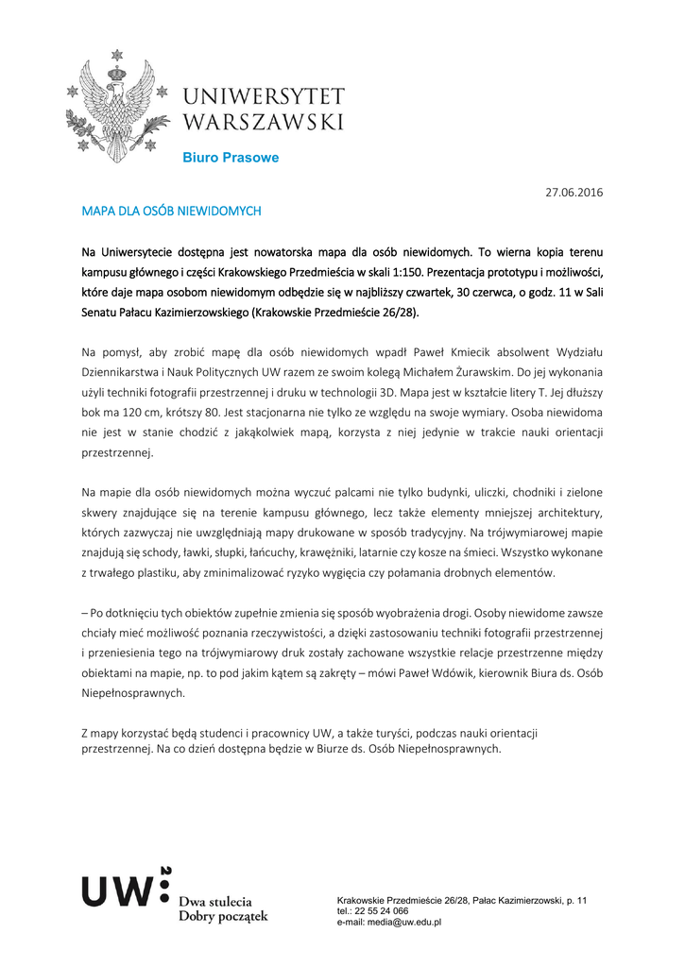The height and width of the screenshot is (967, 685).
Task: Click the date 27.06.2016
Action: (574, 193)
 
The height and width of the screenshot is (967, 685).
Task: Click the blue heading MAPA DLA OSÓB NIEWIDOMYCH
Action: (171, 212)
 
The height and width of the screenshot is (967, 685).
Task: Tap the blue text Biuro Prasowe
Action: (231, 158)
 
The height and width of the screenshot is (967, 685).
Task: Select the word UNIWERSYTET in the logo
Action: (263, 97)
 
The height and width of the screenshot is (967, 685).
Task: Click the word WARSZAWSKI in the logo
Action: (263, 122)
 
